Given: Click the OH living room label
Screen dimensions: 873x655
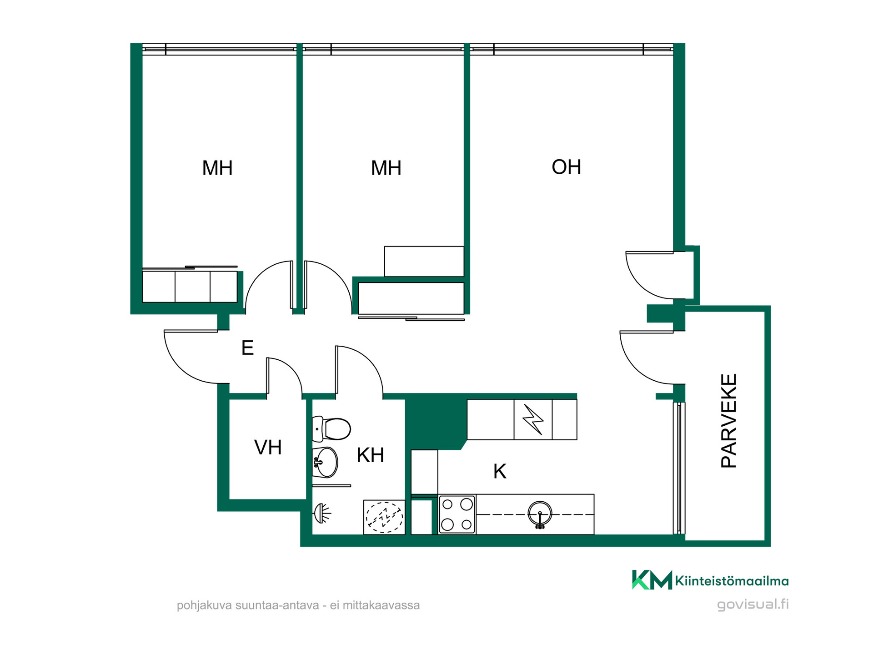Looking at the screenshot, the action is click(566, 167).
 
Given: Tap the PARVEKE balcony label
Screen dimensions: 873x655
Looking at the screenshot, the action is click(729, 421).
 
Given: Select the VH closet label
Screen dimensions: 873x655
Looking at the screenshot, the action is click(268, 448).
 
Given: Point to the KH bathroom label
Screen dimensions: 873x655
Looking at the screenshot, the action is click(371, 455).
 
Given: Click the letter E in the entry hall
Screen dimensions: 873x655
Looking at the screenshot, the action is click(247, 348).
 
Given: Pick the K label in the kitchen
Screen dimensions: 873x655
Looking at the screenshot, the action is click(500, 472).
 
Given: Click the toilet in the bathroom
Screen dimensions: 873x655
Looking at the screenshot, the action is click(331, 429).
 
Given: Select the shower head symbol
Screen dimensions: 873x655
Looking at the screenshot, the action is click(322, 514).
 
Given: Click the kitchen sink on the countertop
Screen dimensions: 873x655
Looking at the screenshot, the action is click(540, 514).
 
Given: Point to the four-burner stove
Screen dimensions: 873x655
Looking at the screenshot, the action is click(457, 514).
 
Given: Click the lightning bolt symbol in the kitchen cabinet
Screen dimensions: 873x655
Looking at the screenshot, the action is click(533, 420).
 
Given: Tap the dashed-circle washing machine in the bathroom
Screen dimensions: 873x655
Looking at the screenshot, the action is click(384, 517).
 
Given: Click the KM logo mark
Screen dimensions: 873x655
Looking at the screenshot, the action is click(652, 580).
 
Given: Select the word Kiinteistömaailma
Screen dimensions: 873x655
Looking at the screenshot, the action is click(732, 581).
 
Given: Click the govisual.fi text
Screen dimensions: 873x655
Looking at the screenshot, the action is click(753, 605).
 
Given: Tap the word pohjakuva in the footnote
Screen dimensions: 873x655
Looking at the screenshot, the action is click(204, 606).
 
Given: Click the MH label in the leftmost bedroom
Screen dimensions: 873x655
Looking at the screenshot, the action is click(217, 168).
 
